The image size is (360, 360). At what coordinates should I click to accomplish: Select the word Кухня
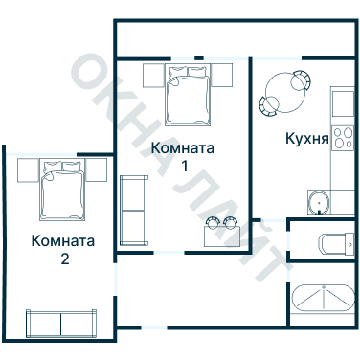(307, 139)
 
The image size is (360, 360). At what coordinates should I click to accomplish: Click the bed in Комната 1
(189, 93)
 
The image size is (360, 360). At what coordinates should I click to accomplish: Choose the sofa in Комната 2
(60, 324)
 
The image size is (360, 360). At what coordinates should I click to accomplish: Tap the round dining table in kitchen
(281, 92)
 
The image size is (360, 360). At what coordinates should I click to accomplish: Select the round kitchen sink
(317, 202)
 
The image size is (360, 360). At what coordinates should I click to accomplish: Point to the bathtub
(322, 299)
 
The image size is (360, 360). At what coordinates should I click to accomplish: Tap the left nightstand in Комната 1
(152, 74)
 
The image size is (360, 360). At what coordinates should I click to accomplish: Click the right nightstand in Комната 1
(224, 74)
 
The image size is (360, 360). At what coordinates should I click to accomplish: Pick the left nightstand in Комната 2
(27, 170)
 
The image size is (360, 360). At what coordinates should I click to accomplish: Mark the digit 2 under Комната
(64, 259)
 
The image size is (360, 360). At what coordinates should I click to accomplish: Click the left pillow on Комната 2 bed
(52, 169)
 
